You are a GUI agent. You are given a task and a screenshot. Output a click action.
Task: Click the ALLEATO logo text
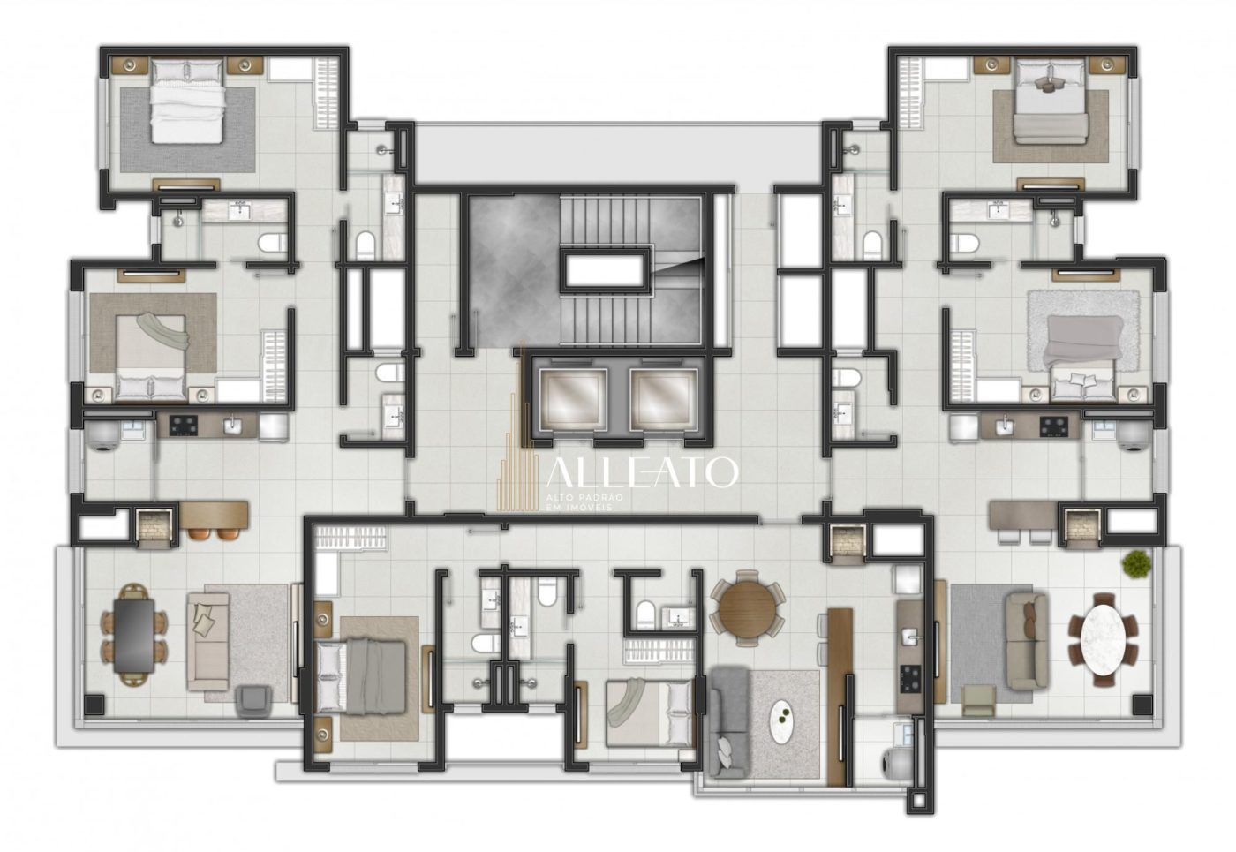tap(643, 473)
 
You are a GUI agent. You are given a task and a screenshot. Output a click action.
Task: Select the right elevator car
tap(663, 399)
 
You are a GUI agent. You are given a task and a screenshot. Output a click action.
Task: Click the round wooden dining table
tap(748, 608)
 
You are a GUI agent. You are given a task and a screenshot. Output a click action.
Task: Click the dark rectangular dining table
tap(134, 636)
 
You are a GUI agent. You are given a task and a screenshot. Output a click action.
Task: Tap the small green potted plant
tap(1136, 563)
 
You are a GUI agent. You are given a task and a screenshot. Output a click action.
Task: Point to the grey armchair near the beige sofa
tap(252, 701)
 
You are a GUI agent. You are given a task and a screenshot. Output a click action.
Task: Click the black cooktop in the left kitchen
tap(185, 425)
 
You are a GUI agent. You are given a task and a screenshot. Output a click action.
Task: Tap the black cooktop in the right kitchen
tap(1053, 426)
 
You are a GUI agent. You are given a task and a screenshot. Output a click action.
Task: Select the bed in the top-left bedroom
tap(188, 101)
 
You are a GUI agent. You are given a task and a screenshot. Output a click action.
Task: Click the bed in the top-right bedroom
tap(1051, 102)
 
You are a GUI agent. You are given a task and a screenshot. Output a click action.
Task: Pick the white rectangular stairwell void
tap(606, 270)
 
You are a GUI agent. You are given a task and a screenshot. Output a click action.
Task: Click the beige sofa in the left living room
tap(207, 641)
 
